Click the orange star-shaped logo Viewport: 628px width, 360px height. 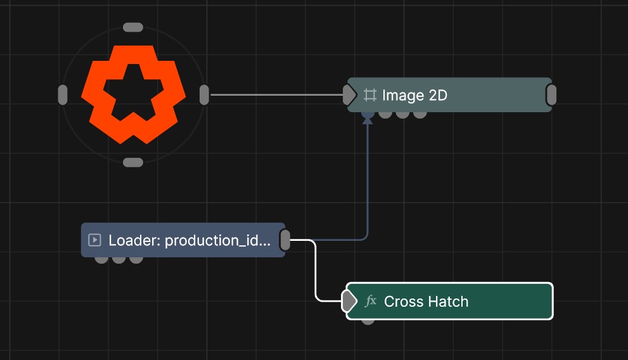133,94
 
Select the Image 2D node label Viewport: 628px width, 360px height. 414,95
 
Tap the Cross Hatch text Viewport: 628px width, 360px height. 426,302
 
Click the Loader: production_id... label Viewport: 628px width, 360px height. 189,240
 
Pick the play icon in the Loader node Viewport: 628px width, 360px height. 94,240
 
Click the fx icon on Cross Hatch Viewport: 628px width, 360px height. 371,300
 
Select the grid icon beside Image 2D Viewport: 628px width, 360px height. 369,95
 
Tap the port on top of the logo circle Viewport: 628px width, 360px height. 133,27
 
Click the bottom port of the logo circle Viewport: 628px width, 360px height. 133,162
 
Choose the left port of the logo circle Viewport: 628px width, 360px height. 63,95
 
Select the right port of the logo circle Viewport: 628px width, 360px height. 204,95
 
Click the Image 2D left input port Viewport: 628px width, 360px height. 349,95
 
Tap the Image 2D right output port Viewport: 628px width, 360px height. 551,95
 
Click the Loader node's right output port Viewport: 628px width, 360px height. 285,240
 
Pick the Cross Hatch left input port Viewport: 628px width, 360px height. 349,301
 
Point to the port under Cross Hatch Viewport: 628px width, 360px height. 368,321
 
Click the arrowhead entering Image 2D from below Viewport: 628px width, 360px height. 368,120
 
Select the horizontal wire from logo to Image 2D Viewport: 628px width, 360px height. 276,95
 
